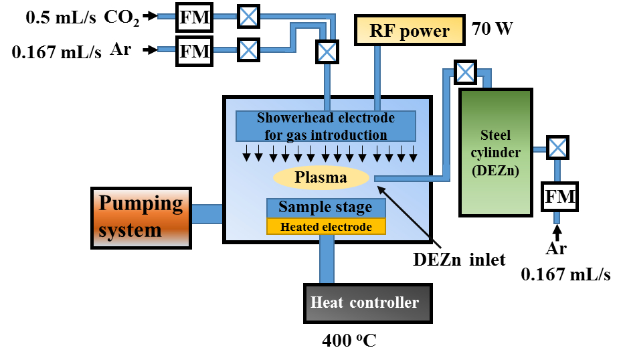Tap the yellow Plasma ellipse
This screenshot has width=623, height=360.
(321, 177)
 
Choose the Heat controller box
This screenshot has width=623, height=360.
(365, 304)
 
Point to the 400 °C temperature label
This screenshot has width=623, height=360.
(349, 341)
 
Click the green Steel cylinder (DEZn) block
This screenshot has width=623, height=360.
(495, 152)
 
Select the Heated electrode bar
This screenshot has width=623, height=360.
(326, 227)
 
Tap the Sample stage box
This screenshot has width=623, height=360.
(326, 207)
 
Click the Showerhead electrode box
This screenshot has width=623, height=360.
(326, 126)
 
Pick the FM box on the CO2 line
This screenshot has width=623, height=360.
(195, 16)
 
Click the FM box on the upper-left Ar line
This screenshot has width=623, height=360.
(195, 51)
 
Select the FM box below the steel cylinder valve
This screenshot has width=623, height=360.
(559, 196)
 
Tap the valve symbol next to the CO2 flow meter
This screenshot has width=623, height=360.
(248, 16)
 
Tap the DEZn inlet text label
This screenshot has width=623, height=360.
(459, 260)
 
